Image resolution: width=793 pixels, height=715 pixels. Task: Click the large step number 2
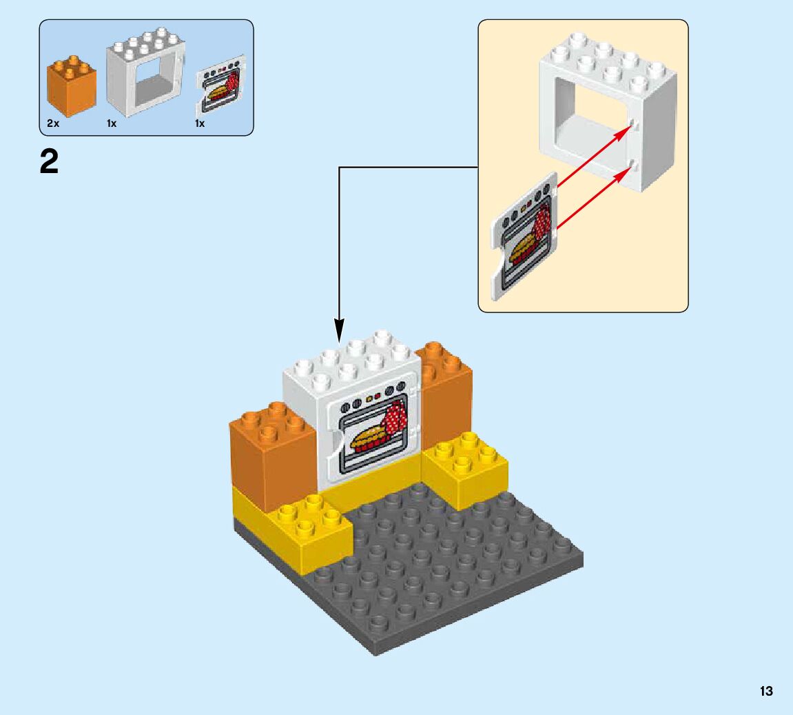49,163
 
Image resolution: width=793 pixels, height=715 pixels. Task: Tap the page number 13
766,691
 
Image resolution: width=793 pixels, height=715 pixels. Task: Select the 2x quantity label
53,123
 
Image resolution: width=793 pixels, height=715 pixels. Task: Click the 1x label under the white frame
112,123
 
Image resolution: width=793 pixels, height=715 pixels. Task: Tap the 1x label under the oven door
200,123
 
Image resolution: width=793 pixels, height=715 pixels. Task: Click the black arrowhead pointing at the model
339,330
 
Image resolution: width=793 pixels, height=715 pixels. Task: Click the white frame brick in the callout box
606,110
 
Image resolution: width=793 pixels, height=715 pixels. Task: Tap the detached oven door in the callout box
523,234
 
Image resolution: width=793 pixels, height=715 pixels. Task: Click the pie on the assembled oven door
369,437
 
